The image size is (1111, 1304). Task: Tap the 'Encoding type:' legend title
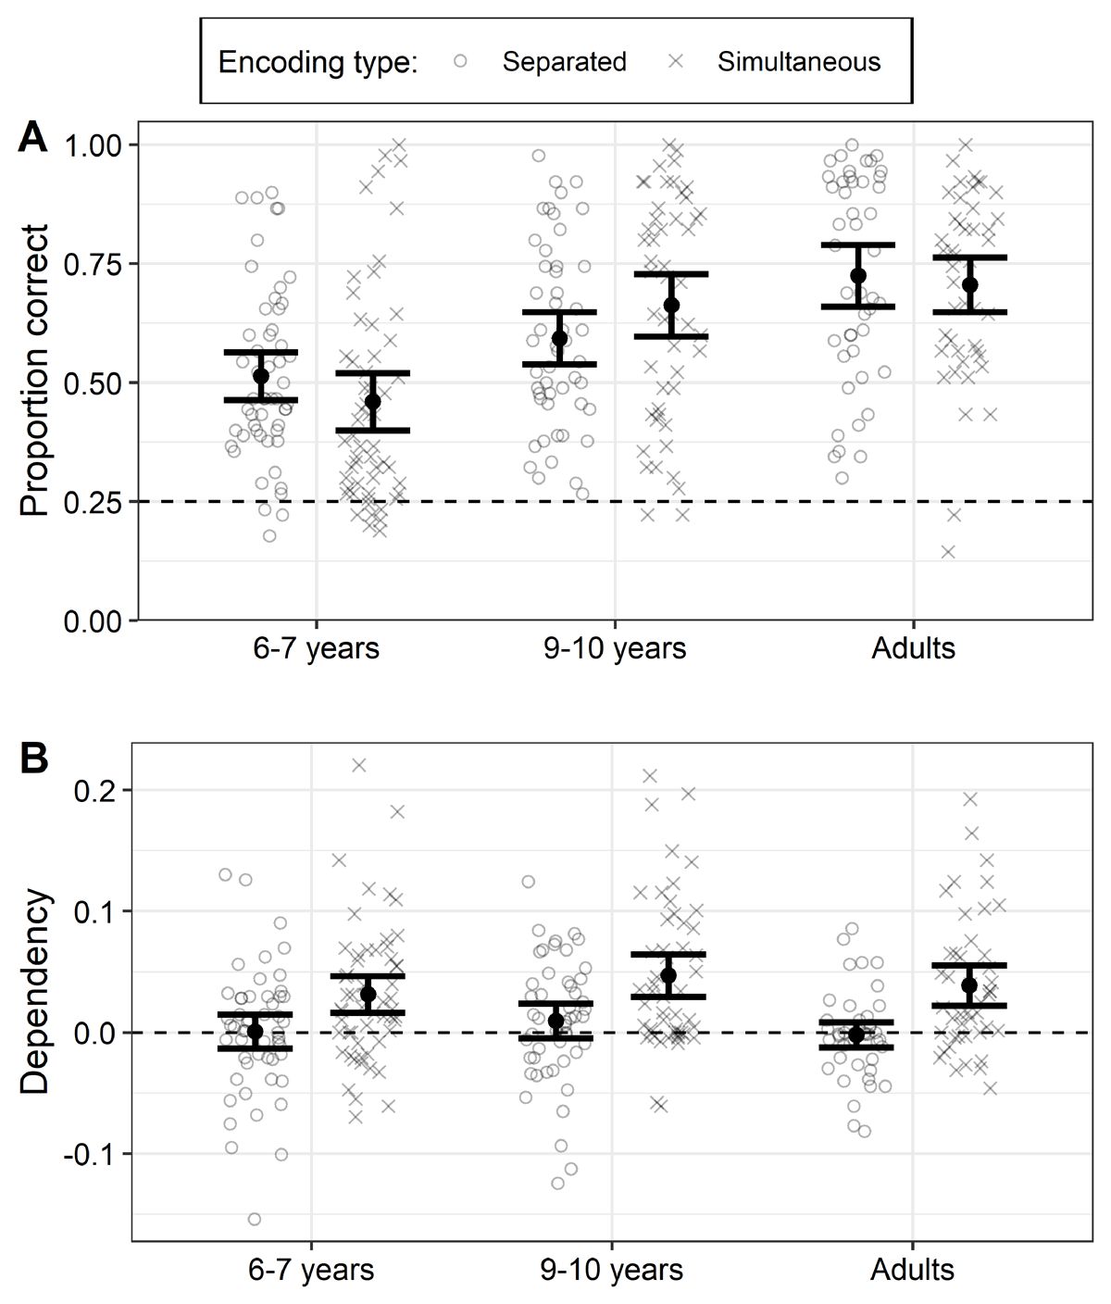pos(318,62)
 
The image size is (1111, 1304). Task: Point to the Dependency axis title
pos(34,992)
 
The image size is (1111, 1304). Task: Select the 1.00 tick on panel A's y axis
pos(93,145)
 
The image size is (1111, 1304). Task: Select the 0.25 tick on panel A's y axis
pos(93,502)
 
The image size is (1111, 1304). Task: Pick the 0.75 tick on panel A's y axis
pos(93,264)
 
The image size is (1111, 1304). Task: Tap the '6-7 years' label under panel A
pos(316,647)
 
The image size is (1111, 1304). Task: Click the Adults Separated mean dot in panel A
pos(858,276)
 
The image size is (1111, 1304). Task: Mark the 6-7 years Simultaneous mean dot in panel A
pos(372,402)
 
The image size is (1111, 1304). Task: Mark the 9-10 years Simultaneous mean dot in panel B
pos(668,975)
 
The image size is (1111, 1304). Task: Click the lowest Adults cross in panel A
pos(948,552)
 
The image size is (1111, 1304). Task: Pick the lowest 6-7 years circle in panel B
pos(255,1219)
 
